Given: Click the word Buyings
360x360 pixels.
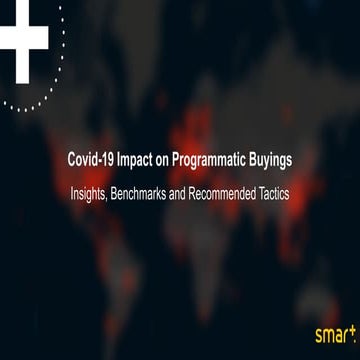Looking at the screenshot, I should click(274, 160).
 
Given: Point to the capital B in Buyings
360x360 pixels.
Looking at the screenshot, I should click(255, 160).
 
